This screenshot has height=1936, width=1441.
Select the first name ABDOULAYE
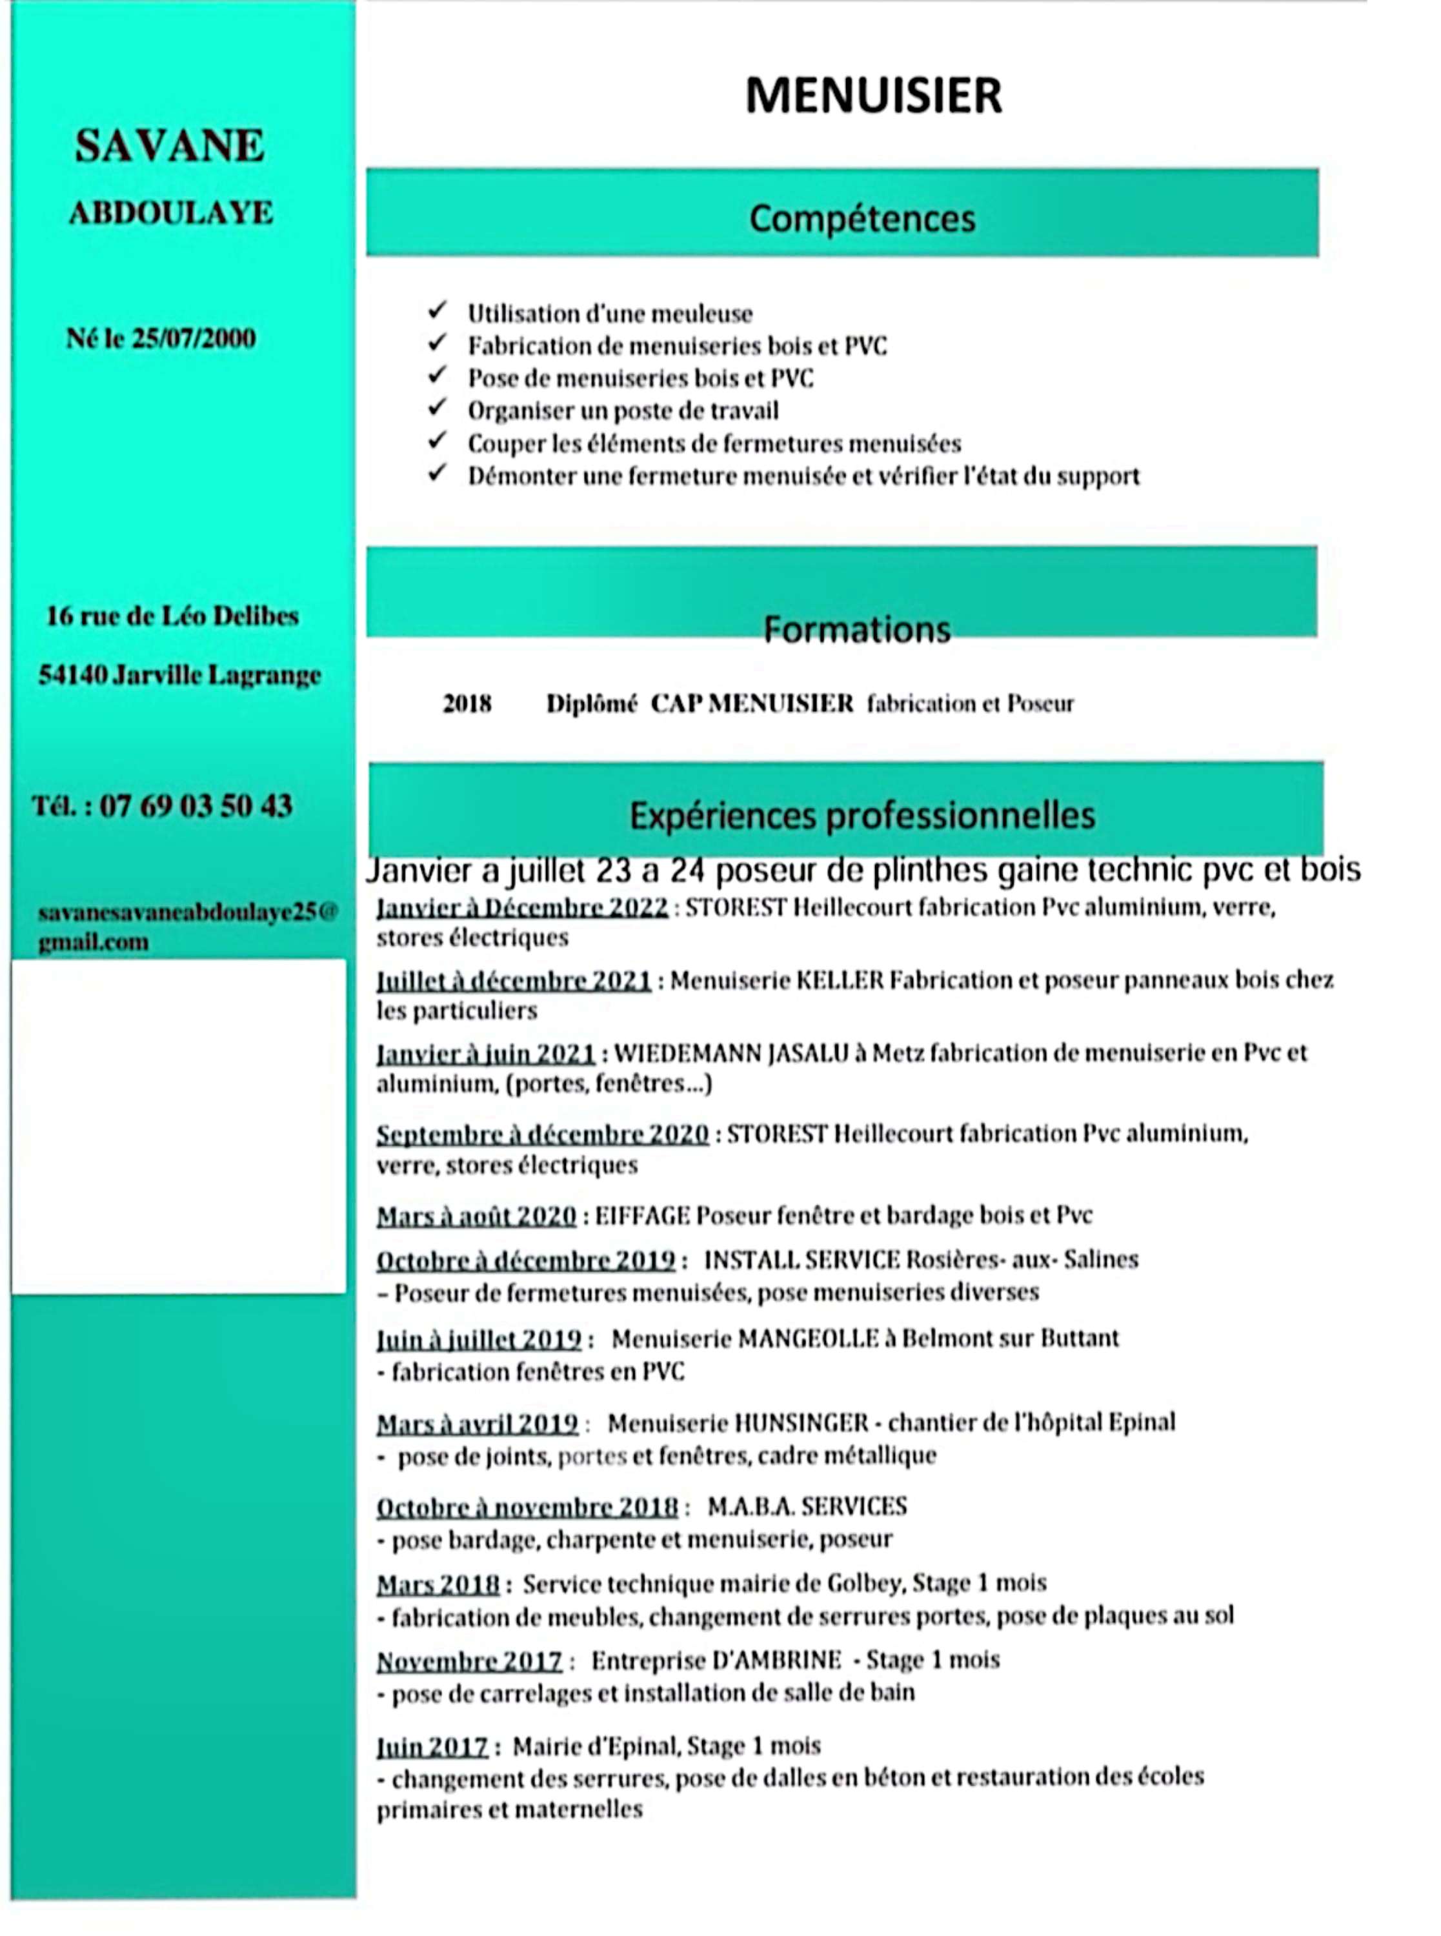click(x=171, y=213)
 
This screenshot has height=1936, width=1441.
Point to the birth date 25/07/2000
click(x=194, y=338)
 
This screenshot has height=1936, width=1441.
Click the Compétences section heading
click(x=862, y=218)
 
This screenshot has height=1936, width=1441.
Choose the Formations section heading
click(x=856, y=629)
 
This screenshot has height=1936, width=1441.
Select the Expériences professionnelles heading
click(x=862, y=816)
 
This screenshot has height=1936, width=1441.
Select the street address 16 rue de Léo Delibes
click(x=172, y=616)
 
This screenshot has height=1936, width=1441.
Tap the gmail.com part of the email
click(x=94, y=942)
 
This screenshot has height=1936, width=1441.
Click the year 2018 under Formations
click(x=467, y=704)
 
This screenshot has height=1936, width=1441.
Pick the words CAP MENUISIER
click(x=752, y=704)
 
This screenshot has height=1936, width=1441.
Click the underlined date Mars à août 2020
click(x=476, y=1216)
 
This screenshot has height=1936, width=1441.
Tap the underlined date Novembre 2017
click(x=469, y=1661)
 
